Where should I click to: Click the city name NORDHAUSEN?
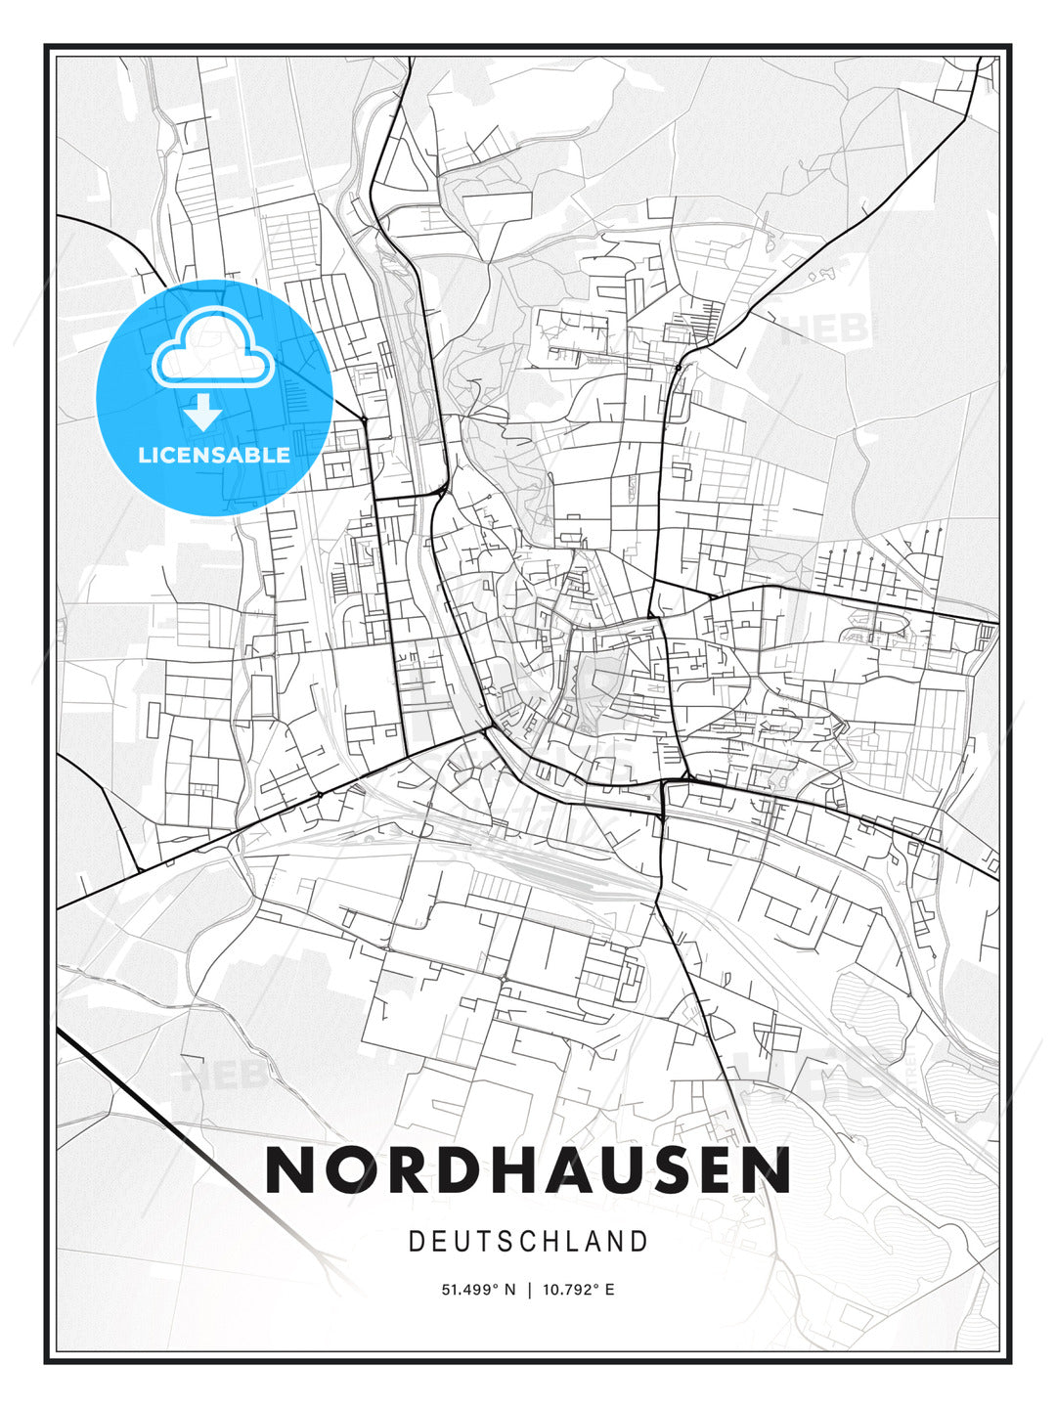(x=528, y=1169)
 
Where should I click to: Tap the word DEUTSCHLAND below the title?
(x=528, y=1242)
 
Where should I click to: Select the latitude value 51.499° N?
(x=478, y=1290)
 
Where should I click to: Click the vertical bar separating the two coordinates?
(x=528, y=1290)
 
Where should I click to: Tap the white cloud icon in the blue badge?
(x=212, y=349)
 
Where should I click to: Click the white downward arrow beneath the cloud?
(x=203, y=414)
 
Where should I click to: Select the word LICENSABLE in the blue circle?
(x=214, y=455)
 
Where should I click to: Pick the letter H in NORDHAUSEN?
(x=505, y=1169)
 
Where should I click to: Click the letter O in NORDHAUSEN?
(x=345, y=1169)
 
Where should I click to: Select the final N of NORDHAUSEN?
(x=768, y=1169)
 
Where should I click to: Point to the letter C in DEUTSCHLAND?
(x=528, y=1242)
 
